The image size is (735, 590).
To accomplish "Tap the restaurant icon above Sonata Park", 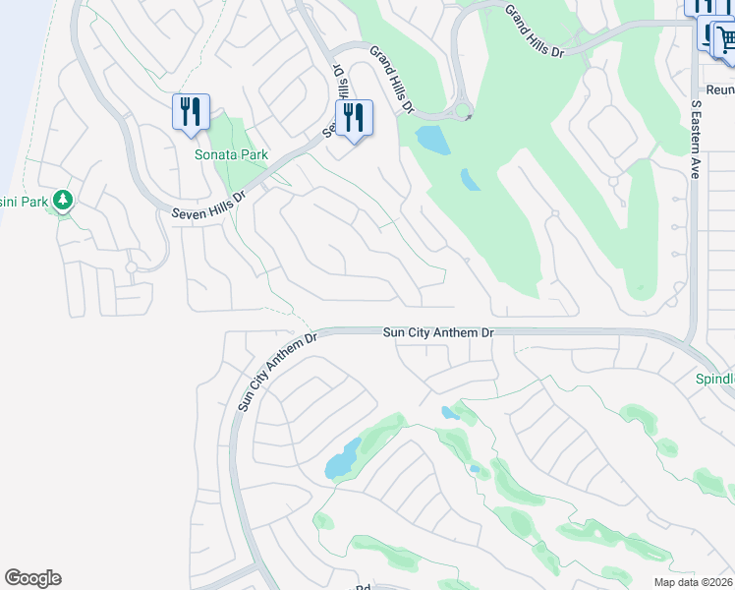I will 191,111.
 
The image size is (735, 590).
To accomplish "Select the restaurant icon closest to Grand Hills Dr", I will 354,118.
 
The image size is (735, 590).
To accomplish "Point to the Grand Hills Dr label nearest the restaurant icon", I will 392,78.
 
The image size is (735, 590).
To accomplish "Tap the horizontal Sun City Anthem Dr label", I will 437,333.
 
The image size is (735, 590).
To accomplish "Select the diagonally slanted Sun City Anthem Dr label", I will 279,372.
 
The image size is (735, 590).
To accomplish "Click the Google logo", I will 32,578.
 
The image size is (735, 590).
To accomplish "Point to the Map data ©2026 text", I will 693,582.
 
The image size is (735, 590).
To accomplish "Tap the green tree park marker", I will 63,202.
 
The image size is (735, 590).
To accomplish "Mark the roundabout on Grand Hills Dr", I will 464,110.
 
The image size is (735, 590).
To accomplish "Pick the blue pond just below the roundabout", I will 433,140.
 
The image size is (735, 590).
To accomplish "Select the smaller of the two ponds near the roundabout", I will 471,180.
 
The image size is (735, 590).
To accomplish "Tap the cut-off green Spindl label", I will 715,379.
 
